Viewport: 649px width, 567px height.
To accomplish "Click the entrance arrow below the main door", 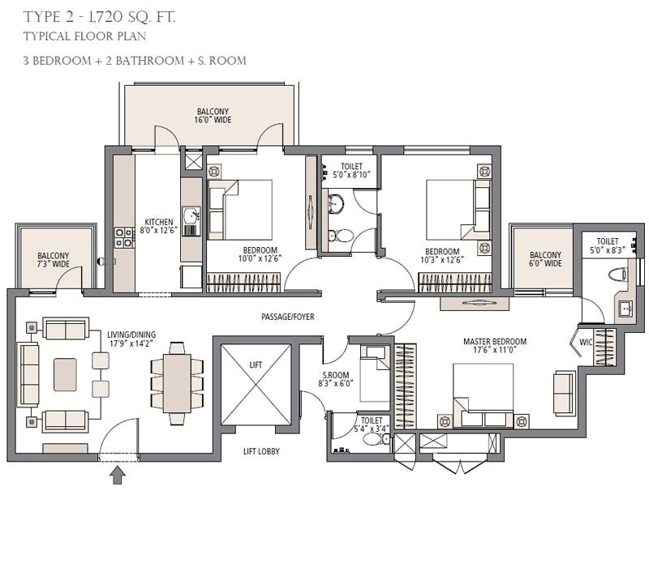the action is coord(118,475).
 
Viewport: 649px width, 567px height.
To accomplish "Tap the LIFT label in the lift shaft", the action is coord(256,365).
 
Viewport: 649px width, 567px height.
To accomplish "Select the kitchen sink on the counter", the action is coord(191,215).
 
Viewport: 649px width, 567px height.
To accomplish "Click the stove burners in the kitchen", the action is coord(124,237).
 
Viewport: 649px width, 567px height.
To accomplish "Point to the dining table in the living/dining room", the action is coord(177,383).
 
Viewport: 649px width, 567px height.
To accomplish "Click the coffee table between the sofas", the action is coord(65,374).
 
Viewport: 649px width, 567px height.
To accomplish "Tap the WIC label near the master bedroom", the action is coord(586,342).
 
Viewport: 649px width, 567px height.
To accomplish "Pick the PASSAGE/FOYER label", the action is coord(288,317).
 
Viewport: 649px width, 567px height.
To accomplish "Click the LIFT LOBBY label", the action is coord(261,451).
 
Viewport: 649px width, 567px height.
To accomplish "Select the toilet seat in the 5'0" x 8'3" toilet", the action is coord(619,274).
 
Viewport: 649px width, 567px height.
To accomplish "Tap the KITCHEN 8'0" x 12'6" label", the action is coord(159,226).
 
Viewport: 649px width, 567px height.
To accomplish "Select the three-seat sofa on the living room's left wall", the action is coord(28,374).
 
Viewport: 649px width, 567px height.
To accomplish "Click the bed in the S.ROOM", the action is coord(375,373).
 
